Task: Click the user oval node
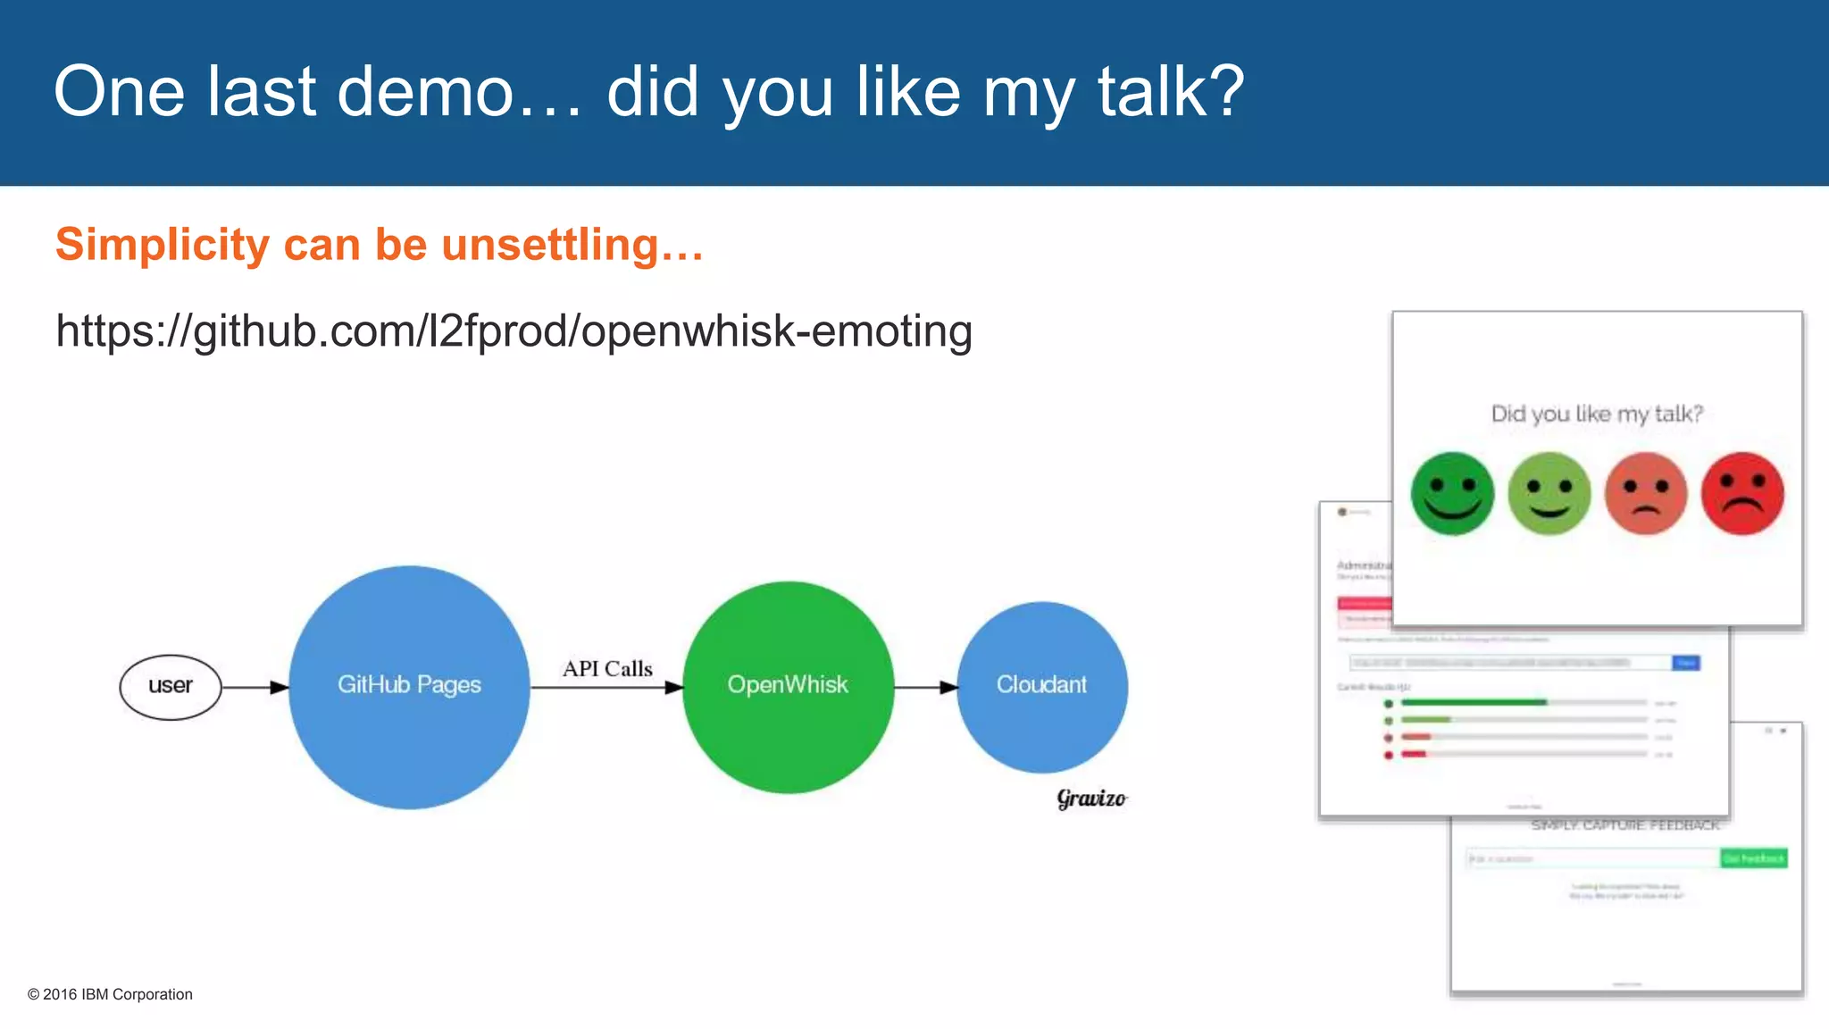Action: click(171, 687)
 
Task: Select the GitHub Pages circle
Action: click(409, 686)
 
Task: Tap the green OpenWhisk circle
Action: click(788, 686)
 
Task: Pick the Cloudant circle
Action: click(1041, 686)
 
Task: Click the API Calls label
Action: click(607, 669)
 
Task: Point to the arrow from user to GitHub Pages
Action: click(255, 687)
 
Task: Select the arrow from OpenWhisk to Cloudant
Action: click(925, 687)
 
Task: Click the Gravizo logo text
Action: click(1091, 798)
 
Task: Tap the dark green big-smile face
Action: click(1452, 494)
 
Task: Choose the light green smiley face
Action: click(1549, 494)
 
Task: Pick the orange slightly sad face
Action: click(1645, 494)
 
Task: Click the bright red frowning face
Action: click(1742, 494)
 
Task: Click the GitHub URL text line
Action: click(514, 331)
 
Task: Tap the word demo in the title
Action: click(427, 92)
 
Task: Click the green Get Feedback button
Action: click(1753, 858)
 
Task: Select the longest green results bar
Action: click(1474, 703)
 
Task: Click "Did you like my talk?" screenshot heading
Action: click(1597, 414)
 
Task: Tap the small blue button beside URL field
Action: click(1686, 663)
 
